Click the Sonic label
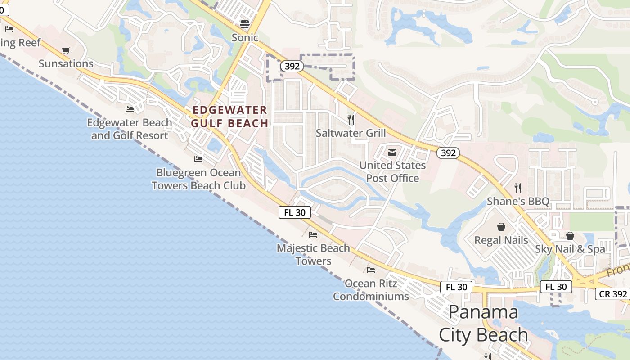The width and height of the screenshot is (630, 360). (x=245, y=38)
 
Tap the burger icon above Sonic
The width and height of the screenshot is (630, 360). (x=245, y=24)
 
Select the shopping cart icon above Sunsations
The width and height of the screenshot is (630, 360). (x=66, y=50)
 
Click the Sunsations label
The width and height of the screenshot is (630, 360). (x=66, y=63)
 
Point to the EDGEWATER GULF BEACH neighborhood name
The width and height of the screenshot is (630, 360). (x=229, y=117)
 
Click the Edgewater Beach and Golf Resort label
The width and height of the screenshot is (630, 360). (x=130, y=129)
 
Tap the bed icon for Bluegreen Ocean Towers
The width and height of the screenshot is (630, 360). (x=198, y=159)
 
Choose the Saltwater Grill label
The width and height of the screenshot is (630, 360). (x=351, y=133)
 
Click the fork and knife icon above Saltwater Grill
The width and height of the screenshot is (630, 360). (x=351, y=120)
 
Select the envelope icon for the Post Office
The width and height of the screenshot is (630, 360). (x=392, y=152)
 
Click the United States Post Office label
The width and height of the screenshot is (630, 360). (x=392, y=172)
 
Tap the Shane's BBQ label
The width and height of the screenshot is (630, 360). (x=518, y=201)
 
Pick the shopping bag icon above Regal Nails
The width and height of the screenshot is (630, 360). (x=501, y=227)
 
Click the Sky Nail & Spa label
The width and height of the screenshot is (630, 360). (x=570, y=249)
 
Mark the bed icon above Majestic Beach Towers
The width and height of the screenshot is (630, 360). (x=313, y=235)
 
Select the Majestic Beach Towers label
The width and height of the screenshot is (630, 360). (x=313, y=254)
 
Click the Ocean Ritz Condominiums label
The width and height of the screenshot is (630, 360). (x=371, y=290)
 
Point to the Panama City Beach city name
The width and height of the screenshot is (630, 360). (x=483, y=323)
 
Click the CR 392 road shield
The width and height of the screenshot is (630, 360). (x=612, y=294)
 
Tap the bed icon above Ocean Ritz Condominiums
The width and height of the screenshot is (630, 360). (x=371, y=270)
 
